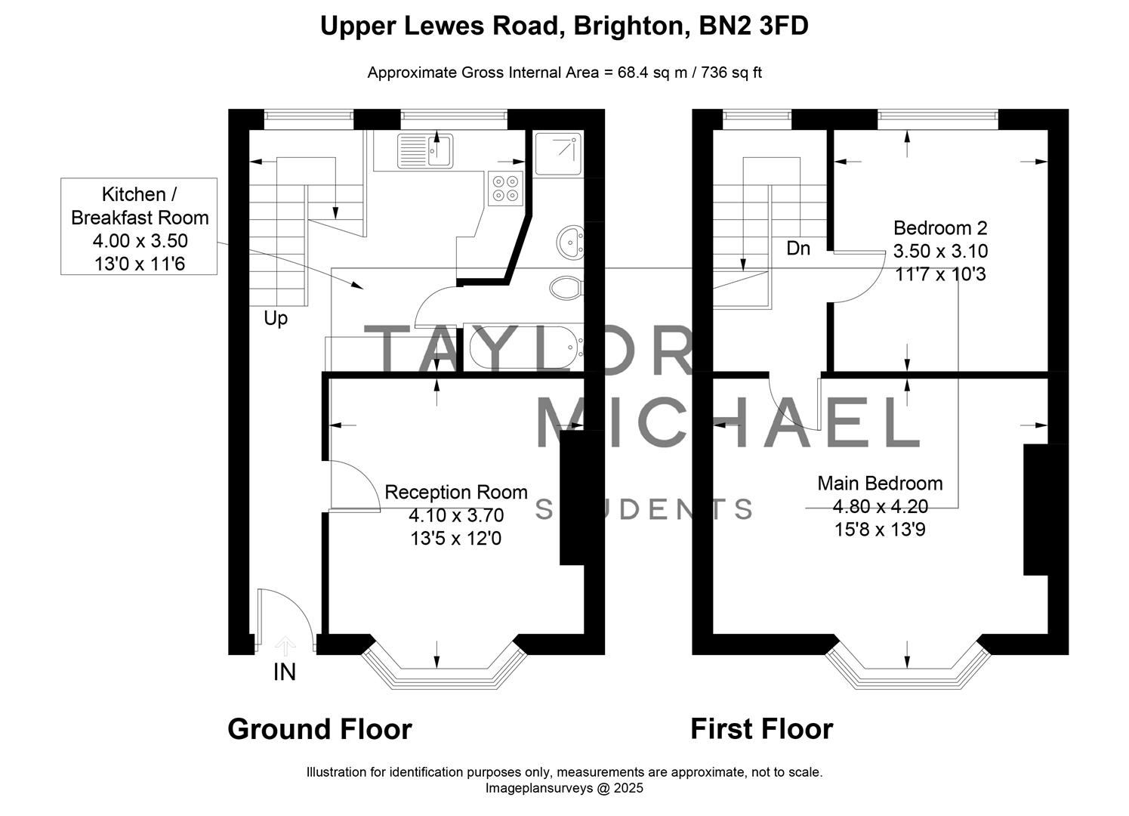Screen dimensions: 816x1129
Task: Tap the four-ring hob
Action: click(x=505, y=188)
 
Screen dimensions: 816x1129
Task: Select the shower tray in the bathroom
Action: click(x=558, y=153)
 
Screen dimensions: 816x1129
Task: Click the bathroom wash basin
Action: click(x=570, y=243)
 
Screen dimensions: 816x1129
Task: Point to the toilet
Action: click(x=566, y=288)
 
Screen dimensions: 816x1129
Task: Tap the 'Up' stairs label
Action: click(x=276, y=318)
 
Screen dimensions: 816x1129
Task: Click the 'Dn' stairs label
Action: click(x=797, y=248)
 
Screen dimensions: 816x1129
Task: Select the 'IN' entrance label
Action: click(x=284, y=672)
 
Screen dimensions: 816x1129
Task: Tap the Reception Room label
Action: click(x=456, y=493)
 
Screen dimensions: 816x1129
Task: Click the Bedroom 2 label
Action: click(x=940, y=228)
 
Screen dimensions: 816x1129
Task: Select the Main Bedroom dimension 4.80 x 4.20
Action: click(x=880, y=506)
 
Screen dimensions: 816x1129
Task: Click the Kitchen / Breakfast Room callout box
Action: click(x=140, y=227)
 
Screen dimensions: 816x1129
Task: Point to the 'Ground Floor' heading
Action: click(x=319, y=729)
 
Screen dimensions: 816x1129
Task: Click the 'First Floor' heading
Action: click(x=761, y=729)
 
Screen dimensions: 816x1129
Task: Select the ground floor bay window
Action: click(x=444, y=665)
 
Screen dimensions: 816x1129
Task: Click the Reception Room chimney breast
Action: click(x=572, y=497)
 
